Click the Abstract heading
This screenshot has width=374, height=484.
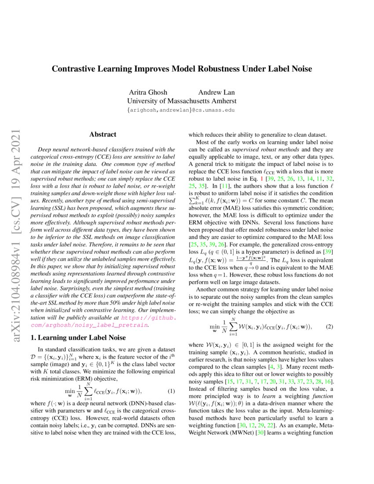coord(103,134)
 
